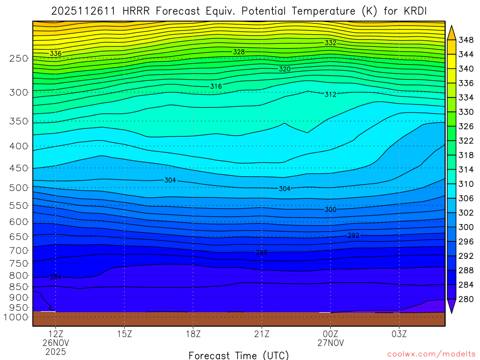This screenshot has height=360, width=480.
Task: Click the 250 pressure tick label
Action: (18, 59)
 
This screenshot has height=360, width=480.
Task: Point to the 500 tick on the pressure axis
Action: (18, 188)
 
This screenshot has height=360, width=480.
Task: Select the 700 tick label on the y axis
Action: (18, 251)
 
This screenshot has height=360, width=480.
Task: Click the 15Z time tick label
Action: (124, 335)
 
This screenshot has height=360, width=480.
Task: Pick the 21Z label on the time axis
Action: (262, 335)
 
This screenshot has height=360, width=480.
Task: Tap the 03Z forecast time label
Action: (399, 335)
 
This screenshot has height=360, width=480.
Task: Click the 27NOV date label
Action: (330, 343)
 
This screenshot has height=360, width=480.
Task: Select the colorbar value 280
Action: (465, 299)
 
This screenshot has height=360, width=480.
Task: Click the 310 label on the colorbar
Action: (465, 184)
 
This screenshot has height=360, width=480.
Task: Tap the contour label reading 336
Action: (55, 53)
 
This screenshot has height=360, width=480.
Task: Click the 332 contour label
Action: (330, 43)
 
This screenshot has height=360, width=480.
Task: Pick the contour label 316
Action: (216, 86)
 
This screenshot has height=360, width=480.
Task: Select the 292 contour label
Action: (353, 235)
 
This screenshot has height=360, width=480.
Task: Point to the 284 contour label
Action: (55, 277)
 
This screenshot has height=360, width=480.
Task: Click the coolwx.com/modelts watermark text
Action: (431, 354)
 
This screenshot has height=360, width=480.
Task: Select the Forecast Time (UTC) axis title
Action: (239, 355)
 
